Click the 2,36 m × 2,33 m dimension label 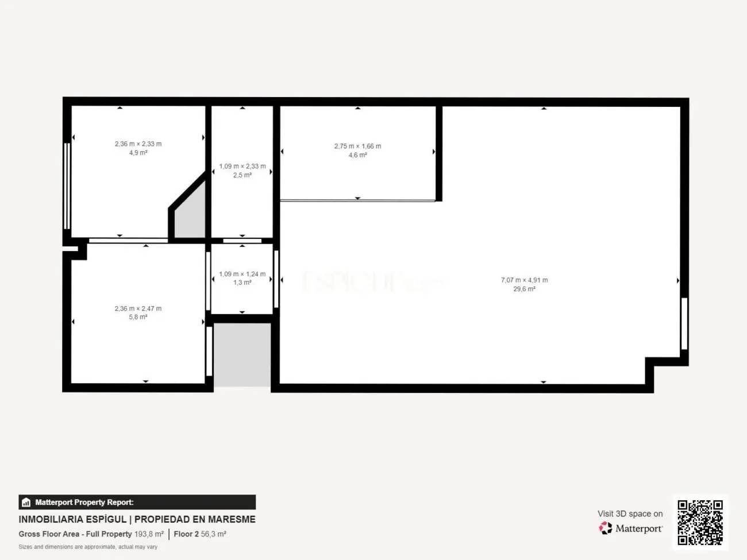pyautogui.click(x=138, y=144)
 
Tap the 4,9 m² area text pyautogui.click(x=138, y=153)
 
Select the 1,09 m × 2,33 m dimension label pyautogui.click(x=242, y=167)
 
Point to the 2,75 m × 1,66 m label pyautogui.click(x=357, y=146)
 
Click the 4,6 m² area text pyautogui.click(x=357, y=155)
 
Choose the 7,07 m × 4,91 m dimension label pyautogui.click(x=524, y=280)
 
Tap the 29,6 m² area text pyautogui.click(x=524, y=289)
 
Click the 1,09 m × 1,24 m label pyautogui.click(x=242, y=274)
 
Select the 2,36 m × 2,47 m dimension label pyautogui.click(x=138, y=308)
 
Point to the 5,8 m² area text pyautogui.click(x=138, y=317)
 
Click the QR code pyautogui.click(x=700, y=522)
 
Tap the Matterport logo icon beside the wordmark pyautogui.click(x=606, y=528)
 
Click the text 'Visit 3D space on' pyautogui.click(x=630, y=513)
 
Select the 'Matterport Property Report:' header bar pyautogui.click(x=137, y=502)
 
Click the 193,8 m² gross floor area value pyautogui.click(x=149, y=534)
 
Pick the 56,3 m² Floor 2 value pyautogui.click(x=213, y=534)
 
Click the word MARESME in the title pyautogui.click(x=232, y=519)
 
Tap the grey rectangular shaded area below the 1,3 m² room pyautogui.click(x=242, y=354)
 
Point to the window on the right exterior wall pyautogui.click(x=684, y=323)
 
